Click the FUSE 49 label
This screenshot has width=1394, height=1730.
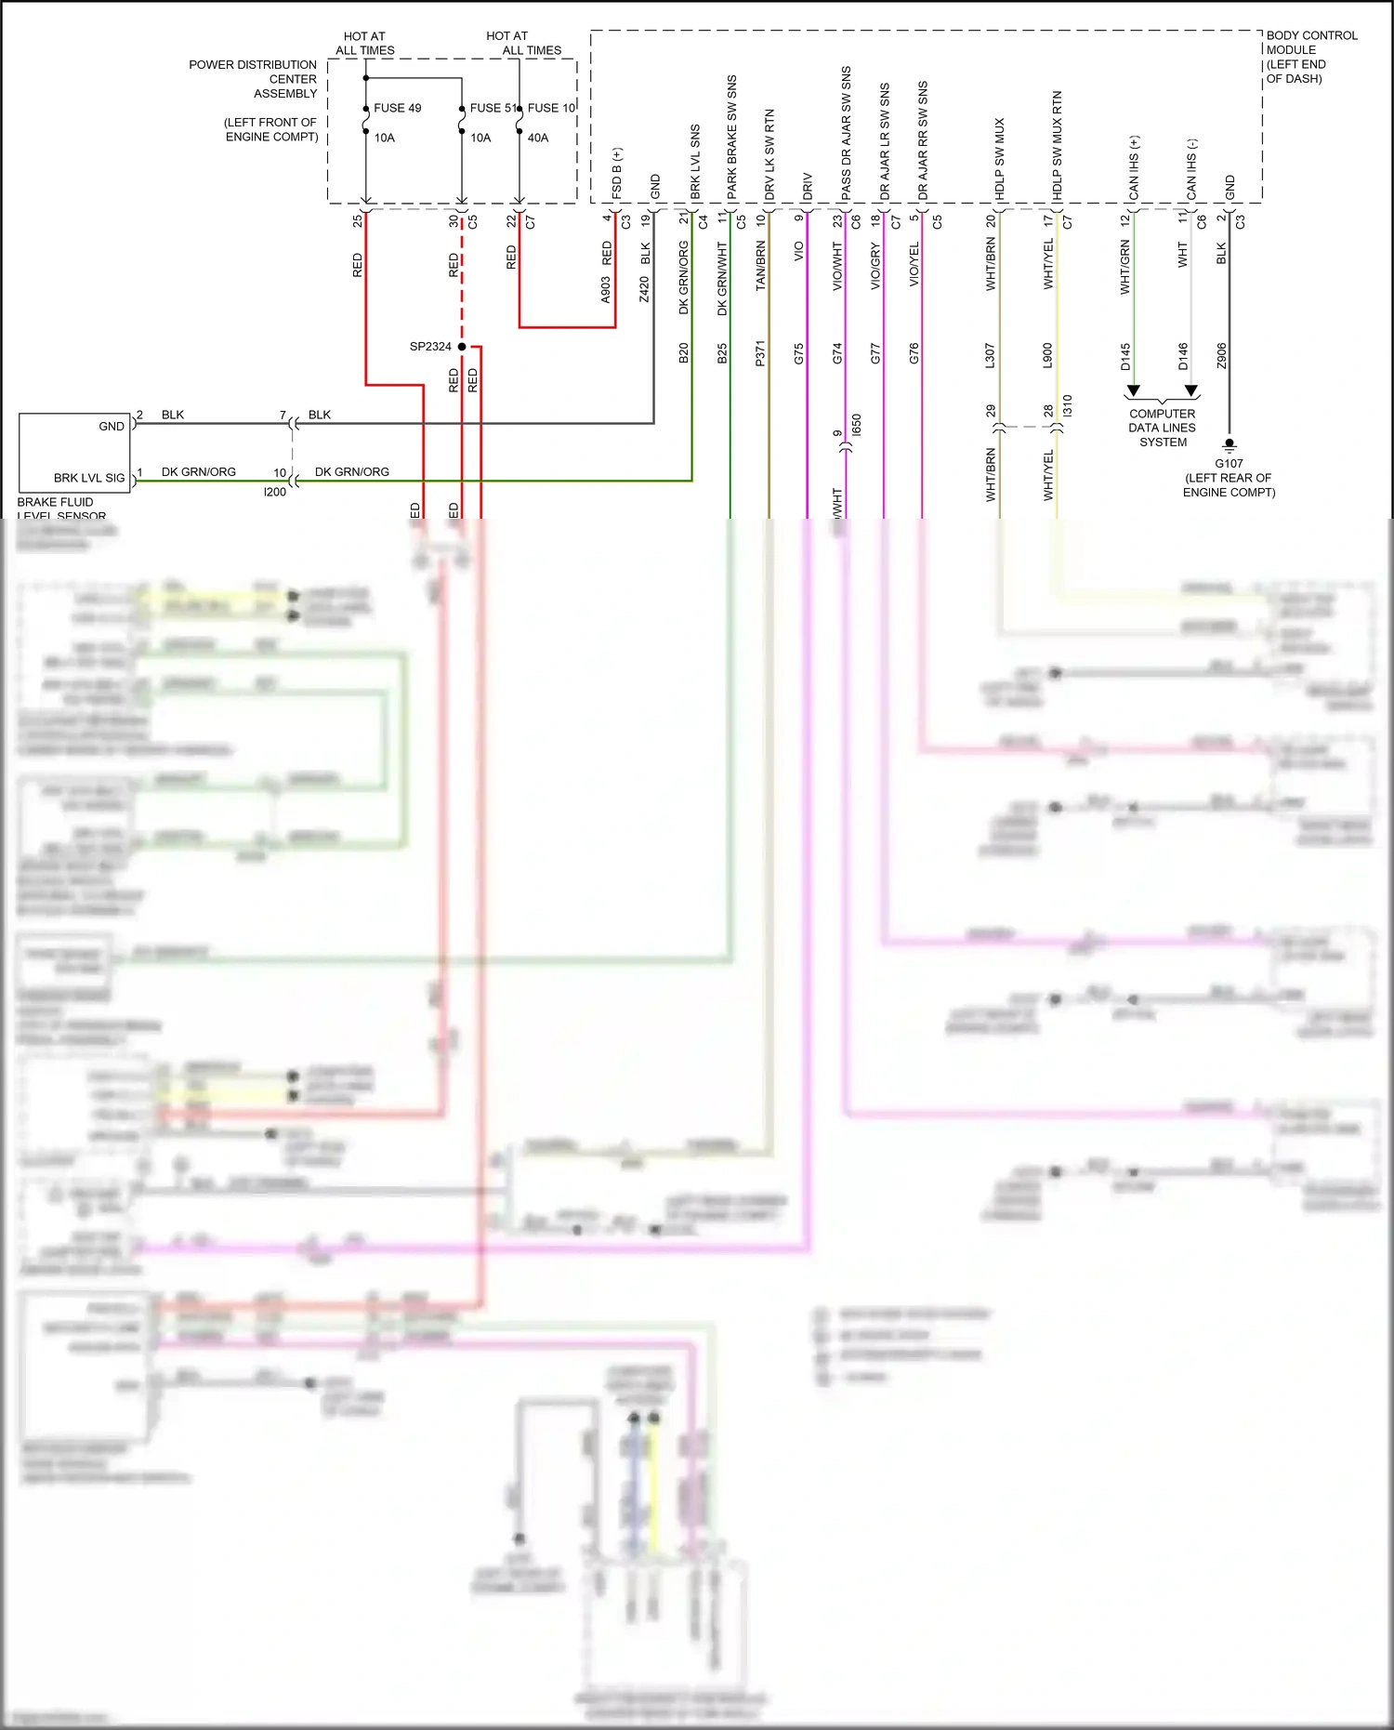[397, 108]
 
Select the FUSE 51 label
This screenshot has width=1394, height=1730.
[492, 108]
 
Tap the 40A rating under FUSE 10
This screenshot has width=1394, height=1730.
[538, 138]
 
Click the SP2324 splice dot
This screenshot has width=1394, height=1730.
[462, 347]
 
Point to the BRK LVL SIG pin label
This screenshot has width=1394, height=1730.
[89, 478]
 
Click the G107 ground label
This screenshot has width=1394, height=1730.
[1229, 463]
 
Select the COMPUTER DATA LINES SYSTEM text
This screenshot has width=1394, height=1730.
[1163, 428]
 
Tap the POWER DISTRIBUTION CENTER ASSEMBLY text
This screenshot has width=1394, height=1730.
[253, 79]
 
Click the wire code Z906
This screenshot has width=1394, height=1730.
[1221, 355]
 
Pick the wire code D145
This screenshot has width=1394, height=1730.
[1125, 357]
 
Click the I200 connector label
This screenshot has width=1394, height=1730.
[275, 492]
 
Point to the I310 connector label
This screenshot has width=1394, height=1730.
[1067, 405]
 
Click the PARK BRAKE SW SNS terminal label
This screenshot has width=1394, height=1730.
[732, 137]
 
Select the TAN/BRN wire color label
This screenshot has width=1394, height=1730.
[760, 266]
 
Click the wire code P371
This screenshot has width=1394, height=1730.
[760, 353]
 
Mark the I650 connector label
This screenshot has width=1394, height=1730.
[856, 425]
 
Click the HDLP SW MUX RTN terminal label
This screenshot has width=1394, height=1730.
[1058, 145]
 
